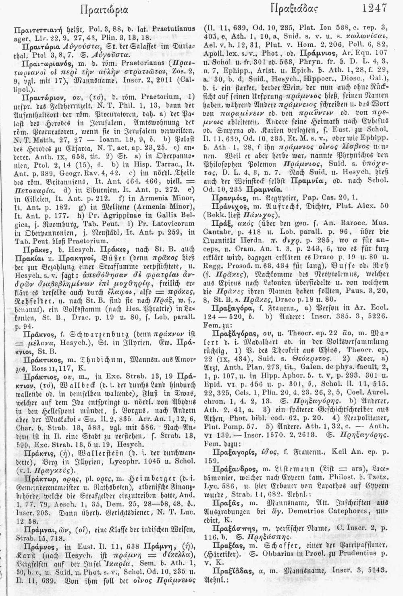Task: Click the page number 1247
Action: [375, 8]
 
